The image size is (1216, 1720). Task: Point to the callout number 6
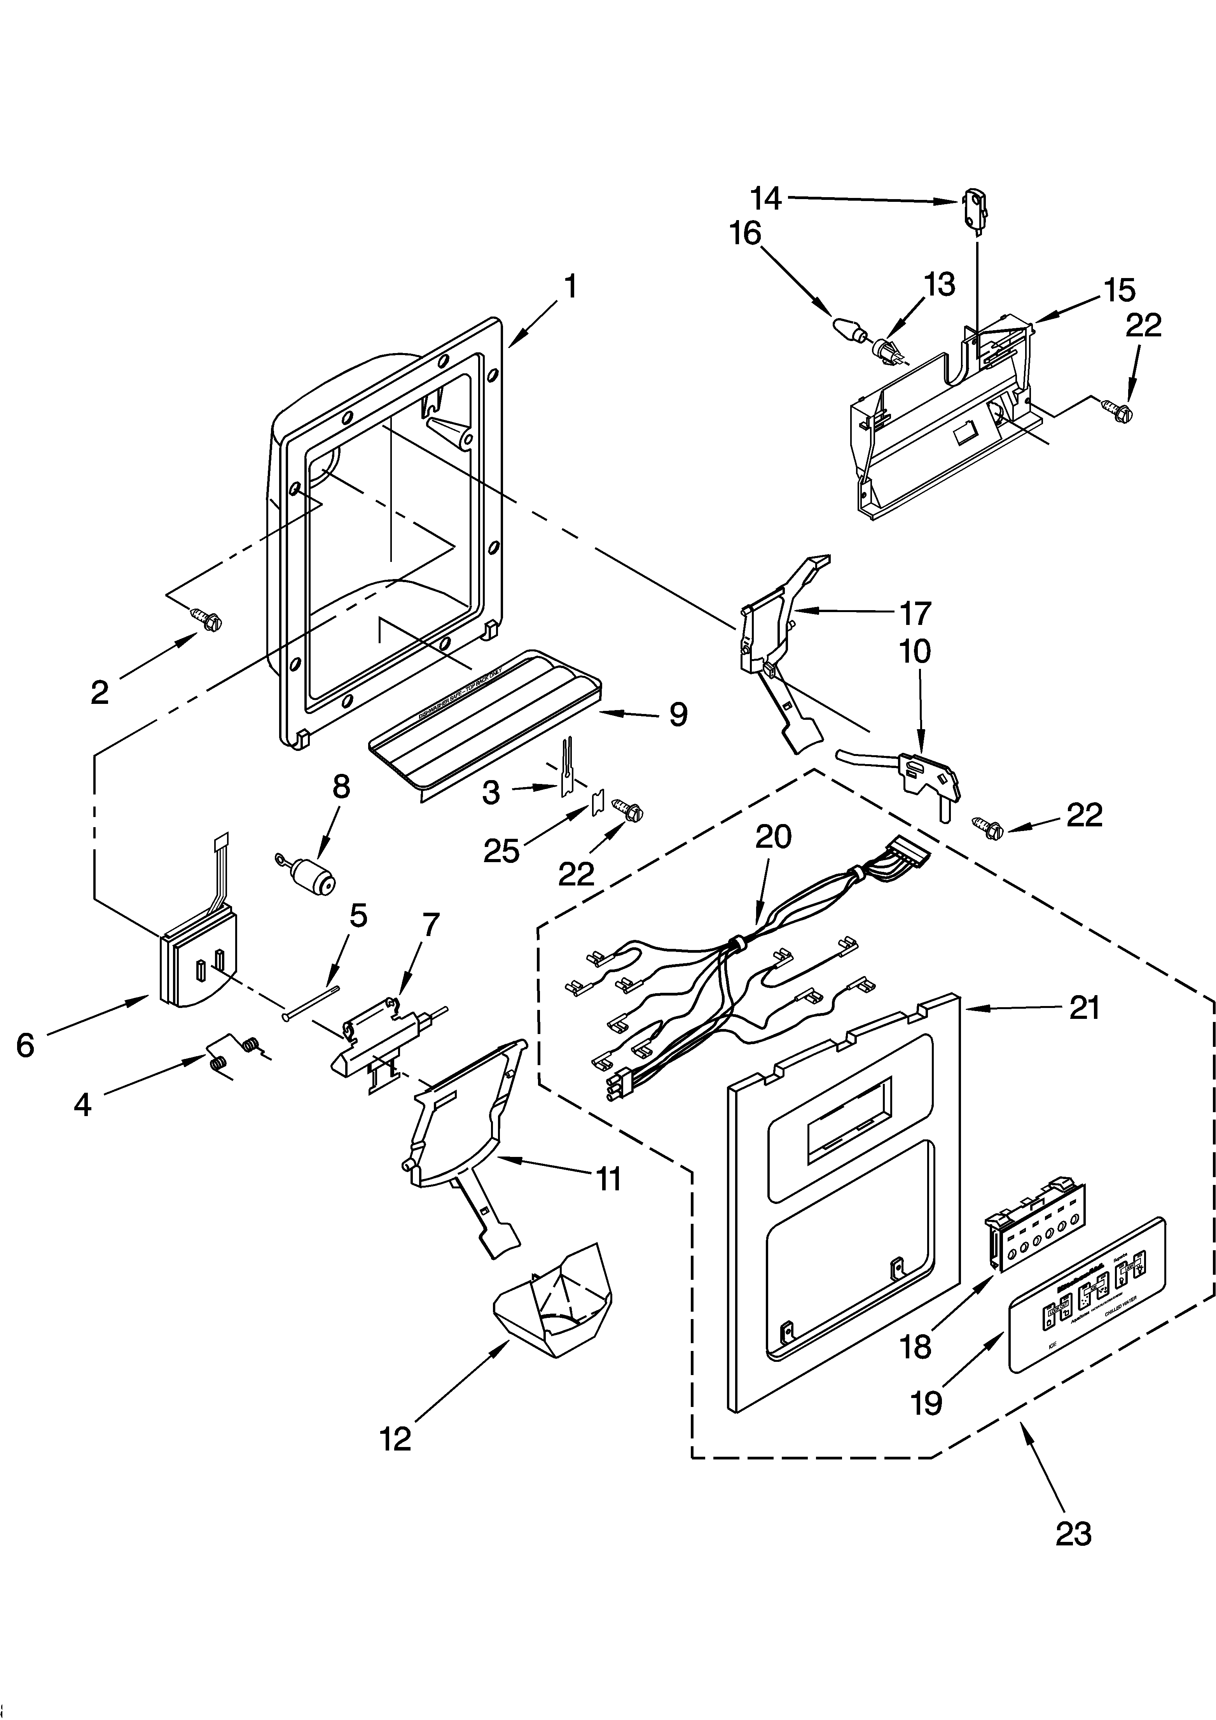click(25, 1045)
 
